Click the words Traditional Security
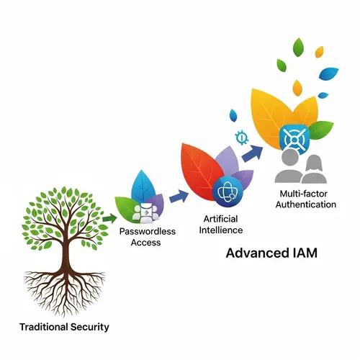[65, 327]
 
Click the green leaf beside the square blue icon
[324, 130]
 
